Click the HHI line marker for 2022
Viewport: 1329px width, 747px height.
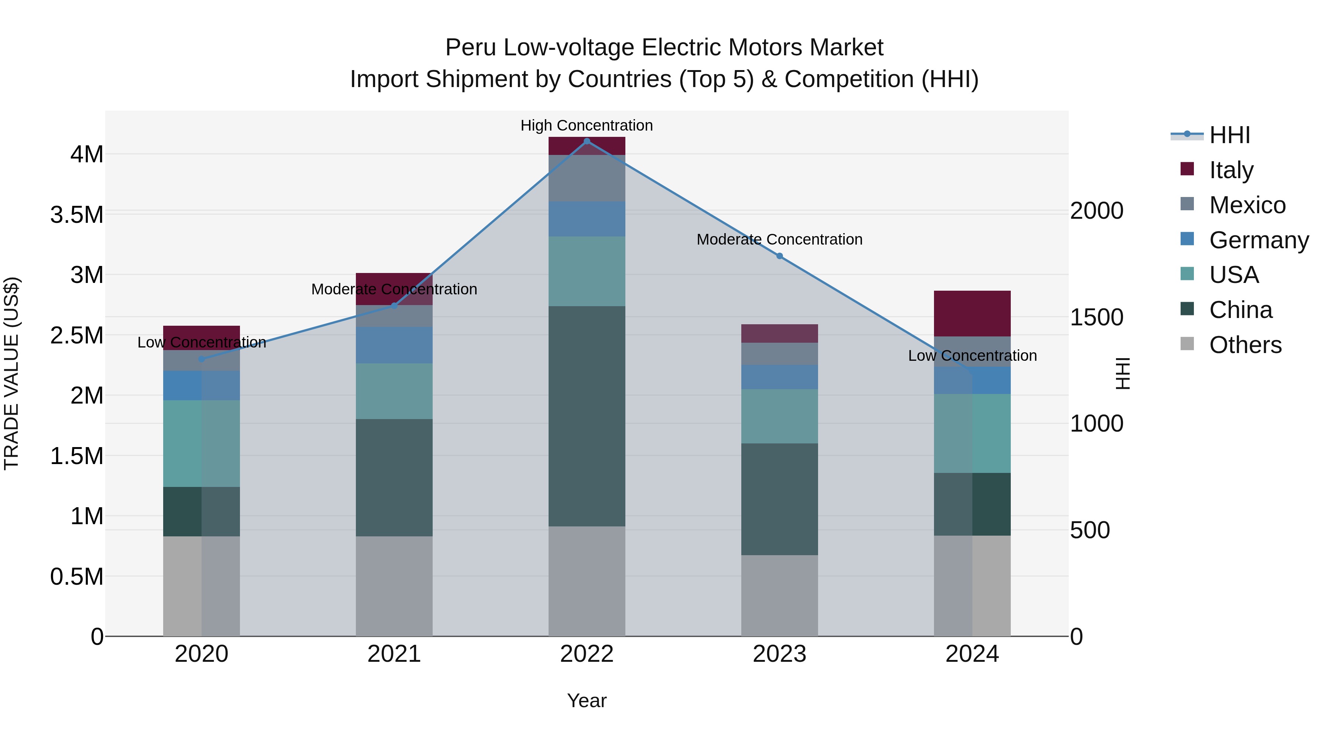[587, 141]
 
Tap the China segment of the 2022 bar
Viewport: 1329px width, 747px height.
[587, 416]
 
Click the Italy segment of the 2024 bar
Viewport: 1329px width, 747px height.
[972, 314]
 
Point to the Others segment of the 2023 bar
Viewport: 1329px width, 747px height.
[780, 595]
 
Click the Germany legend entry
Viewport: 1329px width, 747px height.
[1258, 240]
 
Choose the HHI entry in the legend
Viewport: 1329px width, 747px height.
[1229, 135]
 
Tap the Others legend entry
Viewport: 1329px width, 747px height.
[1245, 345]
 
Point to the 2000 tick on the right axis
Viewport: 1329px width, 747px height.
[1096, 211]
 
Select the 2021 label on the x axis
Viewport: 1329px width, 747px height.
[394, 654]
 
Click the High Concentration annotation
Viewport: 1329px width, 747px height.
[587, 125]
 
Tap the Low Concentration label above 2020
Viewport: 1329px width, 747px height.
[202, 342]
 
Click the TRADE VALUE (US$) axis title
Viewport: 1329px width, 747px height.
[11, 373]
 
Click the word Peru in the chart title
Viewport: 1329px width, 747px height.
[471, 48]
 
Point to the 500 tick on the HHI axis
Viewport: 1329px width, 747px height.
[1090, 530]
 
